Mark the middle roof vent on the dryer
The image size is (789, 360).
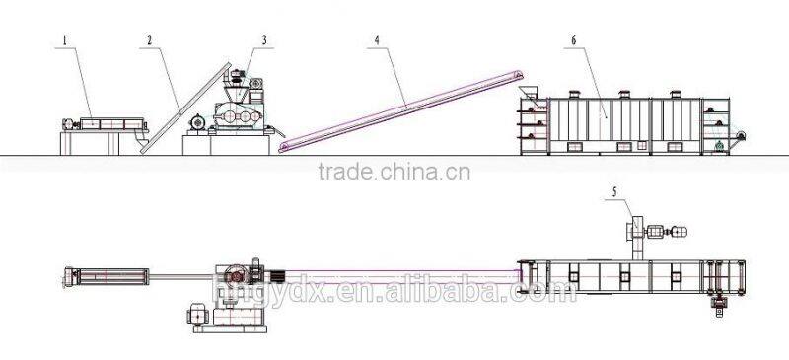pos(623,96)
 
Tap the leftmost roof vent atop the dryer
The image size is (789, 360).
pos(572,96)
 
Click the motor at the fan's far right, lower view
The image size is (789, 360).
pos(679,234)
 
